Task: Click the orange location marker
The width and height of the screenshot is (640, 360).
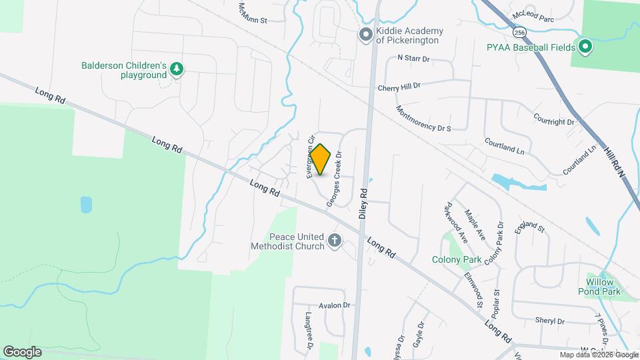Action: tap(321, 159)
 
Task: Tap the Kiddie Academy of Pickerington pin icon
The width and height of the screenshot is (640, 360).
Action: tap(365, 35)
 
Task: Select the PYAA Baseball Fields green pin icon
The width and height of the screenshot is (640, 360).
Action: tap(585, 47)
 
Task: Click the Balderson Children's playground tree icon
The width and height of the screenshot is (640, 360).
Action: tap(177, 69)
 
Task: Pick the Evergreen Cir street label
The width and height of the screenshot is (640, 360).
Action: tap(310, 158)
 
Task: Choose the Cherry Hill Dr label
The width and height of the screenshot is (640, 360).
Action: tap(399, 86)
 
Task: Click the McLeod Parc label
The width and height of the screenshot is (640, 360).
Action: tap(533, 18)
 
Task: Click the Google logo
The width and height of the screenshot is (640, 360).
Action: tap(22, 351)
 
